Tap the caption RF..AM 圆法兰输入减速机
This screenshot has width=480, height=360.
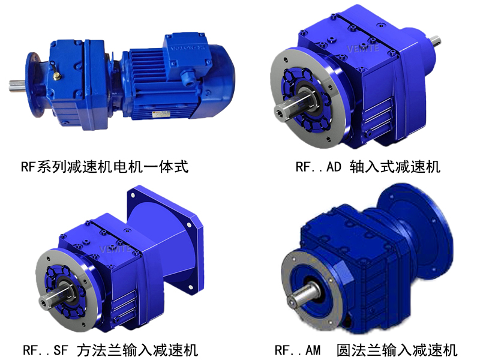(366, 349)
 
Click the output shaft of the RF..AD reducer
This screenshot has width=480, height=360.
(286, 111)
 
